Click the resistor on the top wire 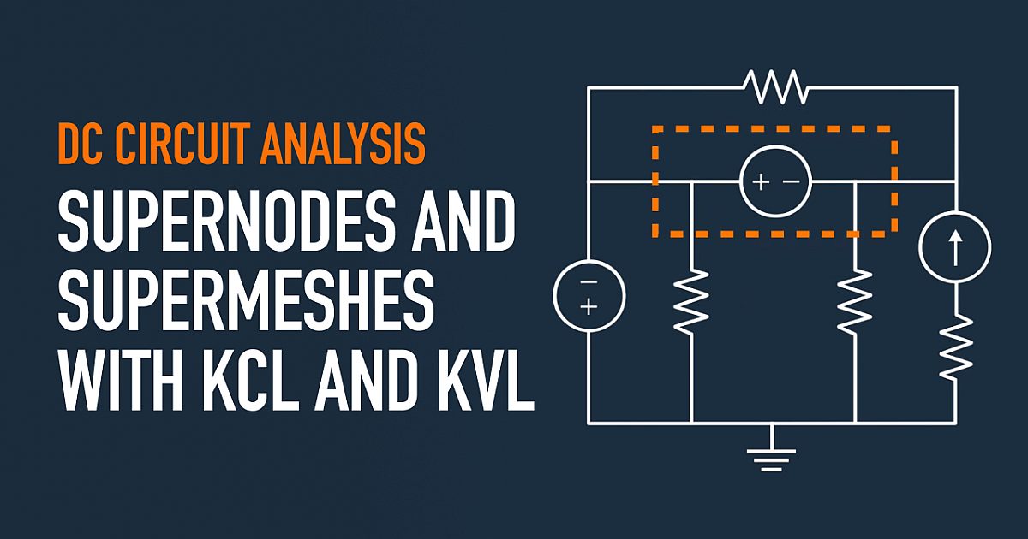774,86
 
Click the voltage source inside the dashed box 774,181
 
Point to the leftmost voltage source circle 589,295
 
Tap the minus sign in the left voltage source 589,282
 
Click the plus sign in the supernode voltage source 761,181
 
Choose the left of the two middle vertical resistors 691,301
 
